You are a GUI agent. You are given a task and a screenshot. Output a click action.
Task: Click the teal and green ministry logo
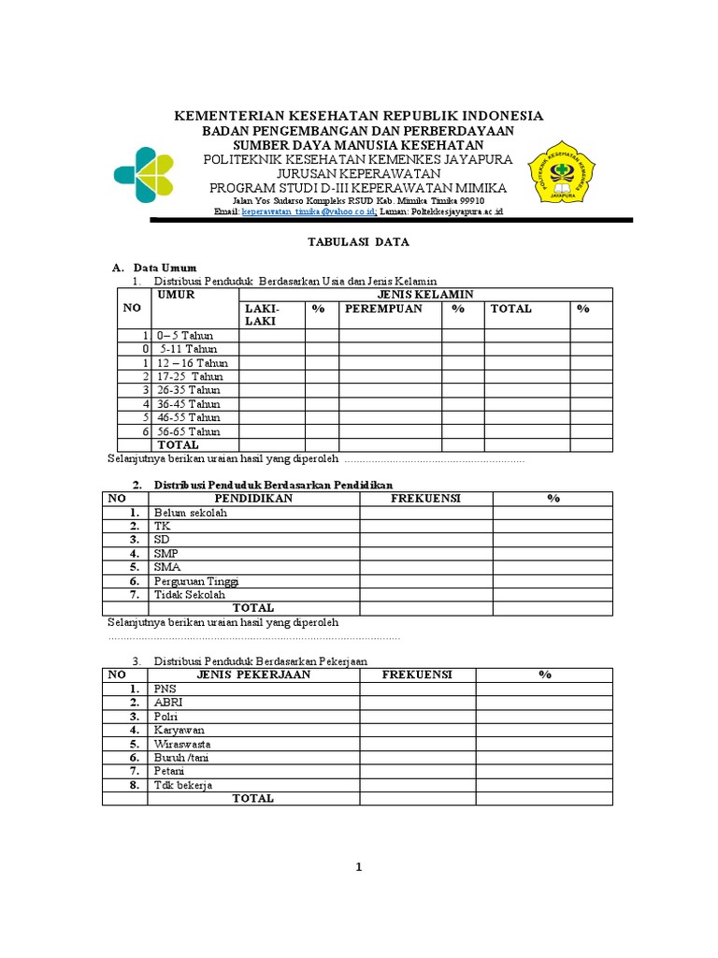point(143,175)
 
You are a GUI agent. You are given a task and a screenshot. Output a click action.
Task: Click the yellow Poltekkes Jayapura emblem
point(561,172)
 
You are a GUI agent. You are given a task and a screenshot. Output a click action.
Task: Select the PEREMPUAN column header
point(383,309)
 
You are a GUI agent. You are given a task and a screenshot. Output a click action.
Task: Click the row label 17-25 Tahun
point(190,376)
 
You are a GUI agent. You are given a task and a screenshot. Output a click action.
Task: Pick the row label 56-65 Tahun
point(189,431)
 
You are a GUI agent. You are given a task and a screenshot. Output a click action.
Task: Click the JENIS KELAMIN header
point(425,295)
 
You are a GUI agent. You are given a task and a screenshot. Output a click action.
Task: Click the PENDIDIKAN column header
point(253,499)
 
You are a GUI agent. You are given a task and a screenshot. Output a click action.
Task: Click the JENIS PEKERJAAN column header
point(253,675)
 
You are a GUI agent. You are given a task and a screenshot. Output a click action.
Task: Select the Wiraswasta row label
point(184,744)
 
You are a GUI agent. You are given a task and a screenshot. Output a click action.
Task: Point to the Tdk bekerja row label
point(183,785)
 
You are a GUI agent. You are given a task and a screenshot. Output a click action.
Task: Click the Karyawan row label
point(179,730)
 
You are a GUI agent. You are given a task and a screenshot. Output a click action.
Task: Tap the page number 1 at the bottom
point(358,867)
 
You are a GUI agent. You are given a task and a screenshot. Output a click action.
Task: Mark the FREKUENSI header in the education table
point(425,499)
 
